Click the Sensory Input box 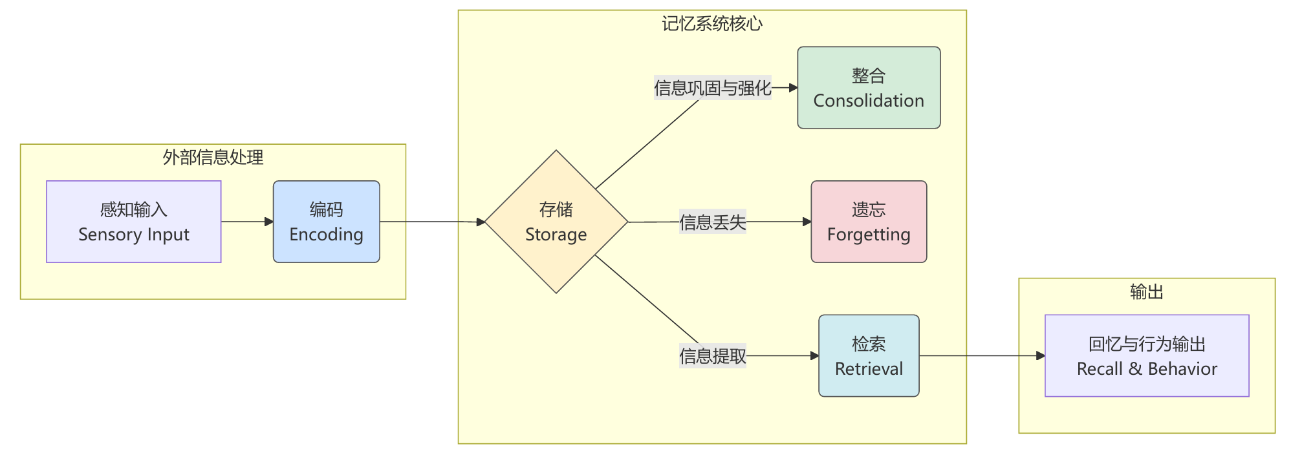pos(133,222)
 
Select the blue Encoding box pos(326,222)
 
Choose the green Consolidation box pos(868,87)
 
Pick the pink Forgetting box pos(868,222)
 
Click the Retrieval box pos(868,355)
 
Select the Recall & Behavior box pos(1146,355)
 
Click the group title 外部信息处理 pos(213,157)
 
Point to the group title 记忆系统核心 pos(711,24)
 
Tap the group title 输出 pos(1146,292)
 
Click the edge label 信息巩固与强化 pos(712,88)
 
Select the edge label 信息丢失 pos(712,222)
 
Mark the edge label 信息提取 pos(712,356)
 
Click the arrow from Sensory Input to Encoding pos(246,222)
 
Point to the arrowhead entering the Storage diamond pos(481,222)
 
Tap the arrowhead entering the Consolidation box pos(793,87)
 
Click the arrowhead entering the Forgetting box pos(807,222)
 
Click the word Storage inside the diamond pos(556,235)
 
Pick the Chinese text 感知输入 pos(133,209)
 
